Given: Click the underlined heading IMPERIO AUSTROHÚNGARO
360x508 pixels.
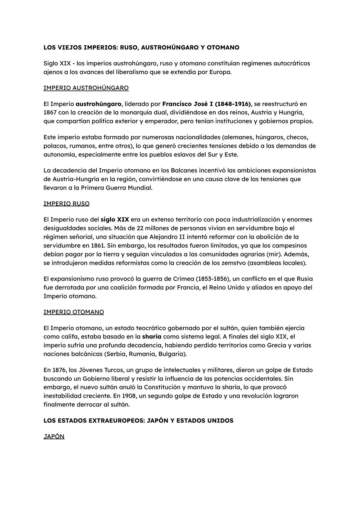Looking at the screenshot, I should pos(86,88).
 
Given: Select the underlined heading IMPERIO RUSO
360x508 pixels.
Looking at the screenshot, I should pos(66,204).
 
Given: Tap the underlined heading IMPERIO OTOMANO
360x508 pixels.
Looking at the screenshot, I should pos(73,312).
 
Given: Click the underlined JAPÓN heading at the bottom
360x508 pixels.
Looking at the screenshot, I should pos(54,436).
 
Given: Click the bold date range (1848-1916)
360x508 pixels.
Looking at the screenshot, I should pos(233,104).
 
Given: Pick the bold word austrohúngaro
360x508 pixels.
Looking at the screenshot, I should pos(98,104).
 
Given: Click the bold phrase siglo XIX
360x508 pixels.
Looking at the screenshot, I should pos(115,220).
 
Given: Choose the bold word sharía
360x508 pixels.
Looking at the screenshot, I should pos(152,337).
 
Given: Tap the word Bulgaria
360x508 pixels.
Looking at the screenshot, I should pos(172,354).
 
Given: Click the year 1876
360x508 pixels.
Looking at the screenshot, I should pos(59,370).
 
